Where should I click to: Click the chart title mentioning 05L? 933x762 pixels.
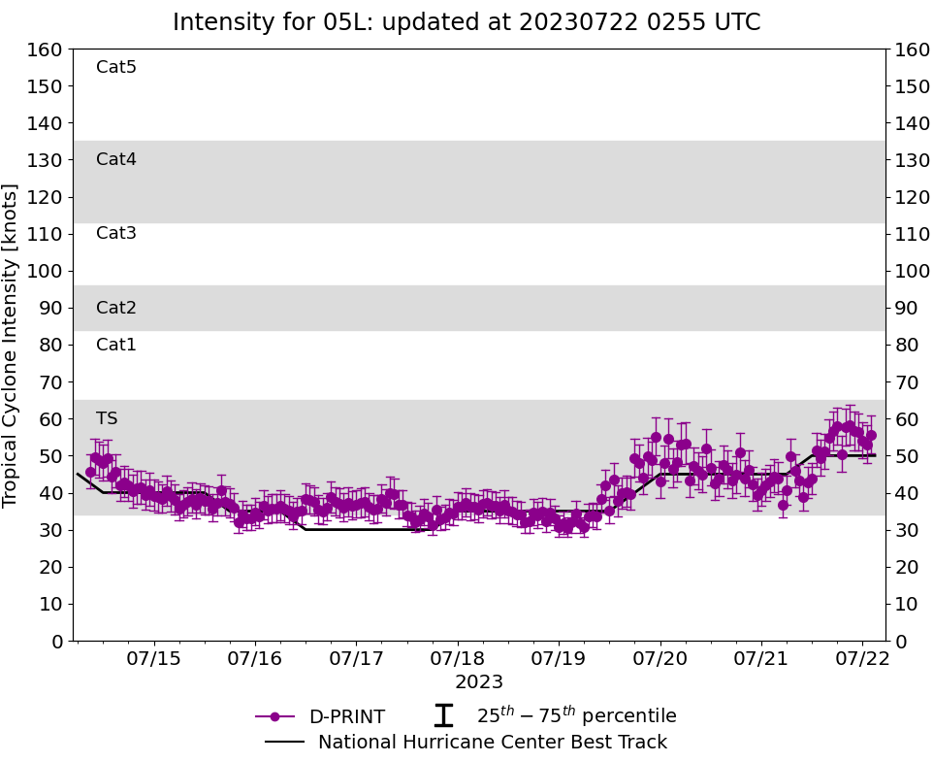pyautogui.click(x=466, y=22)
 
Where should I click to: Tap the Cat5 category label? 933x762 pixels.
pyautogui.click(x=116, y=67)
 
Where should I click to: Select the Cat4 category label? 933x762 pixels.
pyautogui.click(x=116, y=159)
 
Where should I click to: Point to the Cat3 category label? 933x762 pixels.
pyautogui.click(x=116, y=233)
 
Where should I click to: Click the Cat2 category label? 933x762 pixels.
pyautogui.click(x=116, y=308)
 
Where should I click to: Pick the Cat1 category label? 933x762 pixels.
pyautogui.click(x=116, y=345)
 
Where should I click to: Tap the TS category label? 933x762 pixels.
pyautogui.click(x=107, y=418)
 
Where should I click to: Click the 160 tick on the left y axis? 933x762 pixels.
pyautogui.click(x=45, y=50)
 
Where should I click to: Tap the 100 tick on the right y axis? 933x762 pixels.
pyautogui.click(x=913, y=271)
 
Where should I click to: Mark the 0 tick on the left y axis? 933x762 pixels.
pyautogui.click(x=55, y=641)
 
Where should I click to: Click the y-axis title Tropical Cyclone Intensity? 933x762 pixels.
pyautogui.click(x=12, y=345)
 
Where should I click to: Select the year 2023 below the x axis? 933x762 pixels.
pyautogui.click(x=479, y=682)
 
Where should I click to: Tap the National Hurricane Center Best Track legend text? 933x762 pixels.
pyautogui.click(x=493, y=743)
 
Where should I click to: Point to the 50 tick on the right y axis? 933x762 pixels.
pyautogui.click(x=907, y=456)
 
